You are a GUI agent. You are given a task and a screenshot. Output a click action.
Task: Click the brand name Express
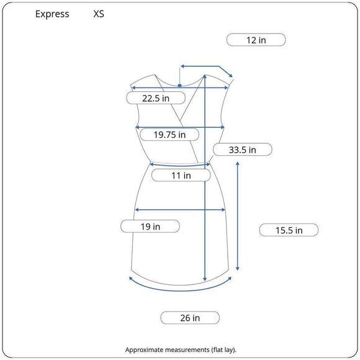click(x=52, y=14)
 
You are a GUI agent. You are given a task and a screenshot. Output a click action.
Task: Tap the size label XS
click(x=99, y=14)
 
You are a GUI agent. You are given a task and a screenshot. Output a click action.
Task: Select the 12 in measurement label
click(x=256, y=40)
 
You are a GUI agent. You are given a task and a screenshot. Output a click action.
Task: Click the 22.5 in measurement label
click(x=156, y=98)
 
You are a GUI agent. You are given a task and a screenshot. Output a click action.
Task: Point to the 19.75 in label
click(x=169, y=135)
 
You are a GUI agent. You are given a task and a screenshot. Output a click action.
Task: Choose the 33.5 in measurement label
click(x=243, y=150)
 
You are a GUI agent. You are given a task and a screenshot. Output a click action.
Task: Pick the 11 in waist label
click(x=181, y=176)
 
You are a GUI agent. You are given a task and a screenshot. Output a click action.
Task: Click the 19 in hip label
click(x=150, y=227)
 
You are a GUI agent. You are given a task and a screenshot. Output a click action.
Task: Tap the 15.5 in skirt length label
click(x=289, y=230)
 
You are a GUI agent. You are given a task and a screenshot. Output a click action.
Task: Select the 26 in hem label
click(x=190, y=318)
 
